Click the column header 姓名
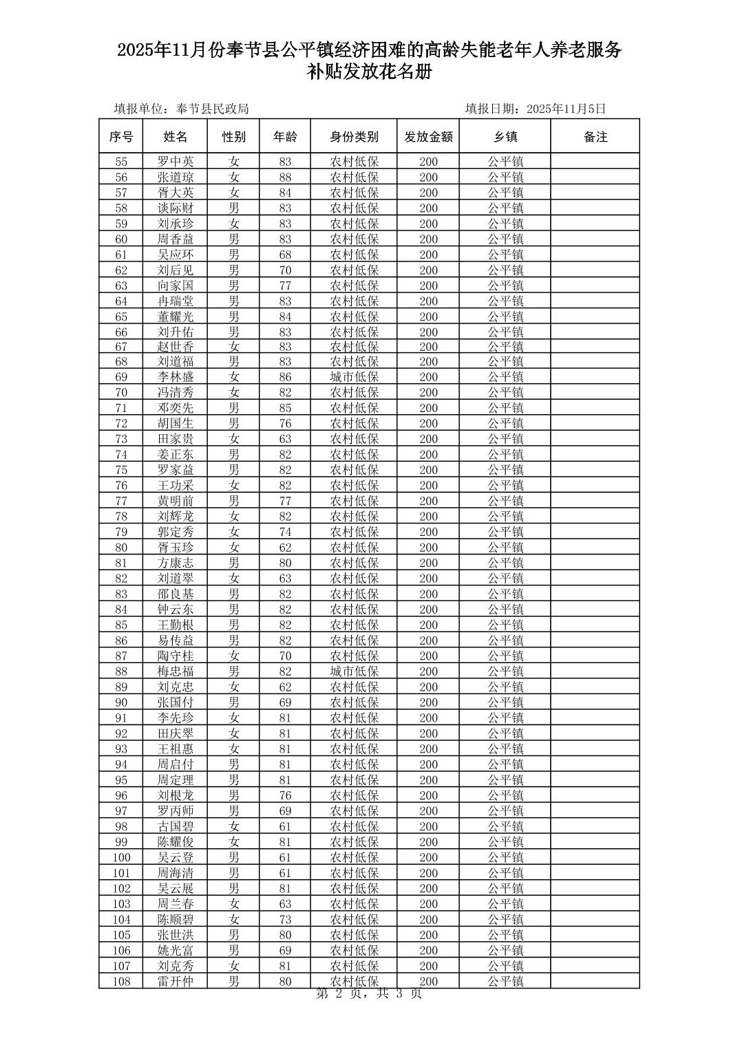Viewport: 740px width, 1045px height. coord(176,137)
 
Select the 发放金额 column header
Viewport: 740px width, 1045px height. coord(428,137)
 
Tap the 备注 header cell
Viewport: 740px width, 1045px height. coord(595,137)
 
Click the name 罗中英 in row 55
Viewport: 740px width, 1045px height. coord(176,162)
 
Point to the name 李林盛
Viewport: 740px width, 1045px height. coord(176,377)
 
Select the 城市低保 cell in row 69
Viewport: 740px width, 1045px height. coord(355,377)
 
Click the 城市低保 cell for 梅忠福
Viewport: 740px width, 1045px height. coord(355,671)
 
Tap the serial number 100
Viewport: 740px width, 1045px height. coord(121,857)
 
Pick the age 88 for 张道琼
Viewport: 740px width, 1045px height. coord(285,177)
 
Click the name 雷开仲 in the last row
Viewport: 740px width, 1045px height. coord(176,981)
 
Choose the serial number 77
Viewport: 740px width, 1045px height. coord(121,501)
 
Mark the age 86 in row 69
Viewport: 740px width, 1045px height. coord(285,377)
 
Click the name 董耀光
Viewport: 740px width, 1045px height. coord(176,316)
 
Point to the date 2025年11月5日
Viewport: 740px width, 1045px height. coord(566,109)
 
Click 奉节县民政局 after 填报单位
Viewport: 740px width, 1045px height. coord(213,109)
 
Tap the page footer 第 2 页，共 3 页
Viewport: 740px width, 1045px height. coord(368,993)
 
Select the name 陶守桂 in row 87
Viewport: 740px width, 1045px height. coord(176,656)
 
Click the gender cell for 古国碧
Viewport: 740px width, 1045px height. coord(234,826)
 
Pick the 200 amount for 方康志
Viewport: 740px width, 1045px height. coord(428,563)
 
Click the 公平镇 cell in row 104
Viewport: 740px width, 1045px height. coord(505,919)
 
